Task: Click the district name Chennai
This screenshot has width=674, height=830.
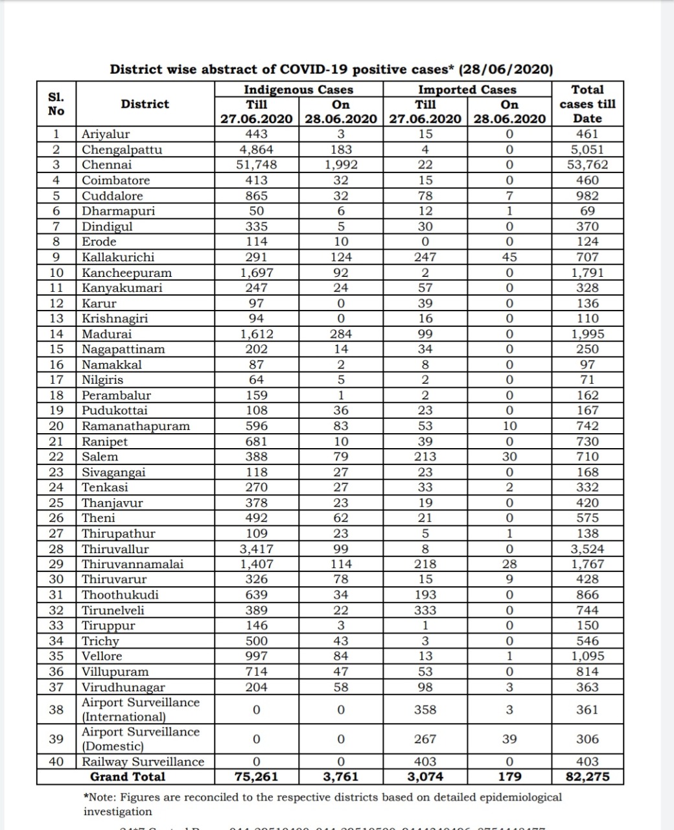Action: pyautogui.click(x=106, y=165)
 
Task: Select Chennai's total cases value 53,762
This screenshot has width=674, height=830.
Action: pyautogui.click(x=587, y=165)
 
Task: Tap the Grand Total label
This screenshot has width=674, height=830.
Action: pyautogui.click(x=127, y=777)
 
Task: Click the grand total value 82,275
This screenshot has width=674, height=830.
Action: pyautogui.click(x=587, y=777)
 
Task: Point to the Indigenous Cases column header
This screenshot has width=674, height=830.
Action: pyautogui.click(x=298, y=89)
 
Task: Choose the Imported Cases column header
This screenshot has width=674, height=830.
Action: pyautogui.click(x=467, y=89)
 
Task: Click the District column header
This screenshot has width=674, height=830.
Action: pyautogui.click(x=145, y=104)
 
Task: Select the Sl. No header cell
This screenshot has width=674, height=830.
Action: pyautogui.click(x=56, y=104)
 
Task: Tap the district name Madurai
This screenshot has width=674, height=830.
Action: pyautogui.click(x=106, y=334)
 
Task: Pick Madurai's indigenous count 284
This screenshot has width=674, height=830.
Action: pyautogui.click(x=341, y=334)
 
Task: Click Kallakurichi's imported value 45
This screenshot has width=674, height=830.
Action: pyautogui.click(x=509, y=257)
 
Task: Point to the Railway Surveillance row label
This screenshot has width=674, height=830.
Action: pyautogui.click(x=143, y=761)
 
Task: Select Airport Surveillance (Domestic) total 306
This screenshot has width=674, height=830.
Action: pyautogui.click(x=587, y=739)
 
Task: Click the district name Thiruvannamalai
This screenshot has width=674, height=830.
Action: pyautogui.click(x=132, y=564)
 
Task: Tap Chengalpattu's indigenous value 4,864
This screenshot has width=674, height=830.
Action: pyautogui.click(x=256, y=149)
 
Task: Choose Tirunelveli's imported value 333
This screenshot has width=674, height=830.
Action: pyautogui.click(x=425, y=610)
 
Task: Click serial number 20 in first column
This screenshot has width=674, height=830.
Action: pyautogui.click(x=56, y=426)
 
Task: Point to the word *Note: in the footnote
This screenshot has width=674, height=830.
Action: pyautogui.click(x=100, y=797)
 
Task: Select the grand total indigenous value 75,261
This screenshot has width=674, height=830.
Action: pyautogui.click(x=256, y=777)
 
